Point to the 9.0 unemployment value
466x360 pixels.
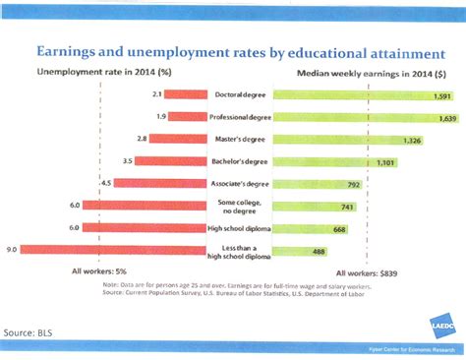click(12, 251)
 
